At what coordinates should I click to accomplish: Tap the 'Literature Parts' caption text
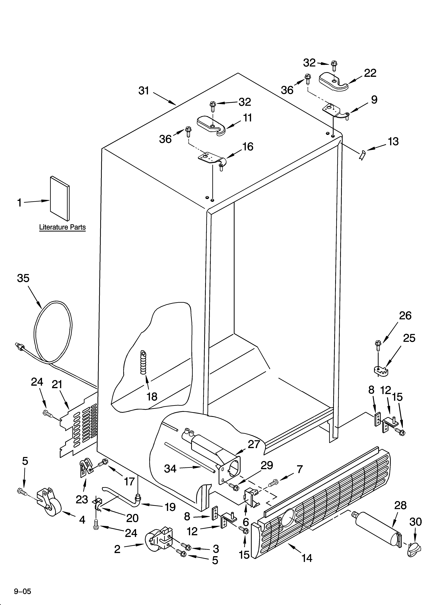(x=62, y=227)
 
